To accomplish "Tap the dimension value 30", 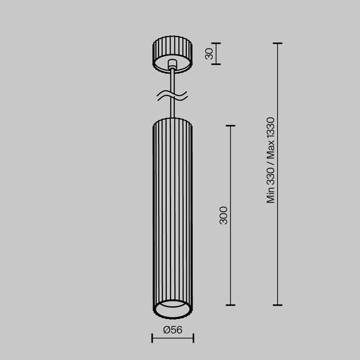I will [x=209, y=54].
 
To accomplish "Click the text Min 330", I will [x=271, y=187].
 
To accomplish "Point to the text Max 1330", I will [x=271, y=138].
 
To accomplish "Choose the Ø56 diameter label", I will [x=172, y=329].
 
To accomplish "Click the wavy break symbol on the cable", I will [x=172, y=97].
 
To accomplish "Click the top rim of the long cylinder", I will [x=172, y=119].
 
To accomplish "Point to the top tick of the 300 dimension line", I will [x=230, y=126].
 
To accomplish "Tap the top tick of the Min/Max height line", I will [x=277, y=44].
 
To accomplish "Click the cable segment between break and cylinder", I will [x=172, y=110].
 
